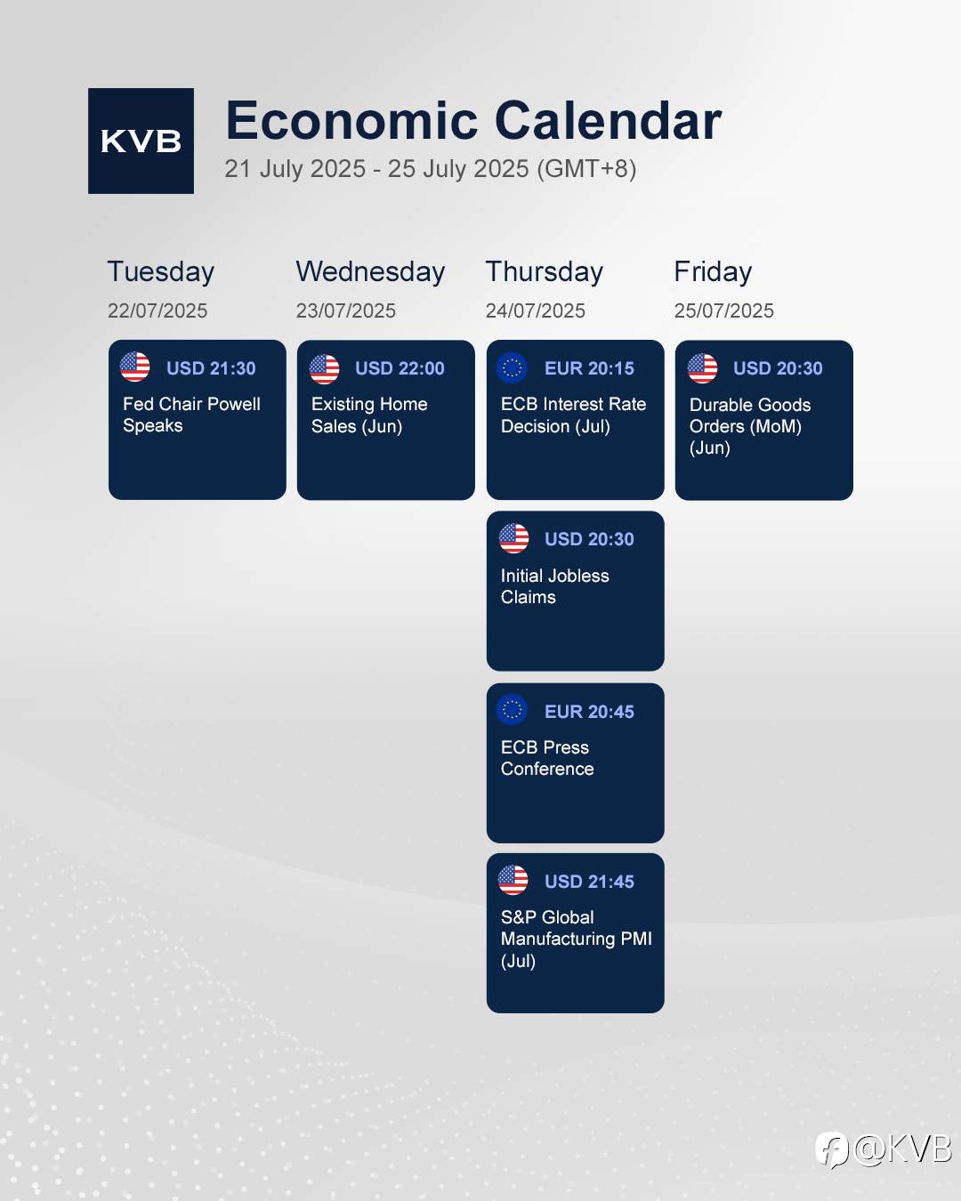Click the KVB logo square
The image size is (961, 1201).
(141, 141)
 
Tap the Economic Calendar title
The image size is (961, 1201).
(473, 121)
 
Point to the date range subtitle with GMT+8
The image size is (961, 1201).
(430, 169)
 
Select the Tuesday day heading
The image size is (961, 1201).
(161, 272)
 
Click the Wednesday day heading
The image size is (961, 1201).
(370, 272)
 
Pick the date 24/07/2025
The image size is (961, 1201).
(535, 310)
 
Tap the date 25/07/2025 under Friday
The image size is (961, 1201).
(723, 310)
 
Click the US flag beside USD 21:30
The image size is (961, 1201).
(134, 367)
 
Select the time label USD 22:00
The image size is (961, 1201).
(400, 368)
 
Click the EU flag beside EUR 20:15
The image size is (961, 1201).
(512, 367)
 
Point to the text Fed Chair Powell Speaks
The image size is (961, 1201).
(191, 415)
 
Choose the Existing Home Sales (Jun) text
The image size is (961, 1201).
(369, 415)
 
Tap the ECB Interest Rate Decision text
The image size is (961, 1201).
(573, 415)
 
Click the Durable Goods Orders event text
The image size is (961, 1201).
(750, 426)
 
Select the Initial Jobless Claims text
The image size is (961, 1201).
(554, 586)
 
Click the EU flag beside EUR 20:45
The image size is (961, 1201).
(512, 710)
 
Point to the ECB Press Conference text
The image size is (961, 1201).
(547, 758)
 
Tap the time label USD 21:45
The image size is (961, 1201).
(589, 882)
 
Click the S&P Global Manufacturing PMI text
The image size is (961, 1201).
(577, 939)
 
